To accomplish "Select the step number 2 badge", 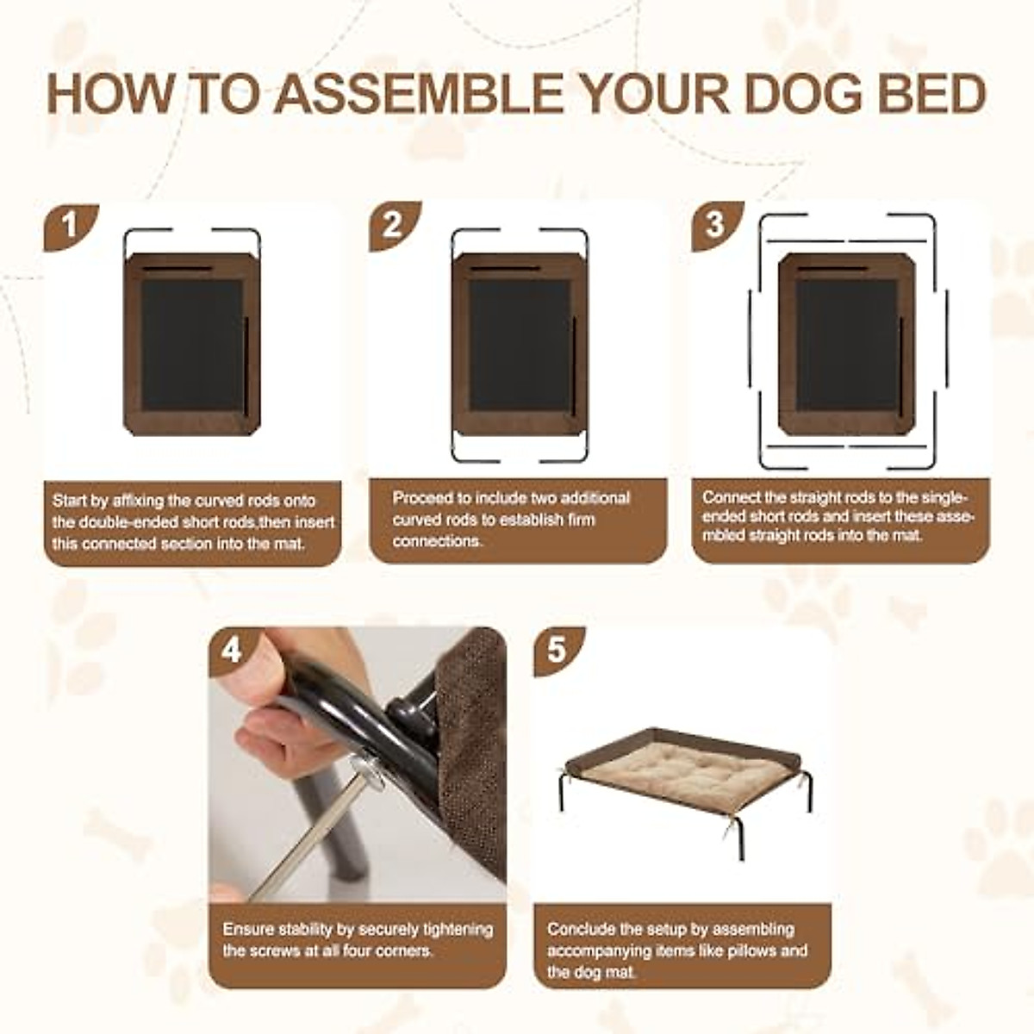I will coord(393,226).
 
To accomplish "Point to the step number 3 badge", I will coord(716,226).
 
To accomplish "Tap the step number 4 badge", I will coord(232,651).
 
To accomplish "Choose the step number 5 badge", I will coord(557,651).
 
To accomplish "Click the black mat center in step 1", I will coord(191,345).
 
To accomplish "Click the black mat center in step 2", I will coord(519,345).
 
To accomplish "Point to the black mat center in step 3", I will coord(845,345).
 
